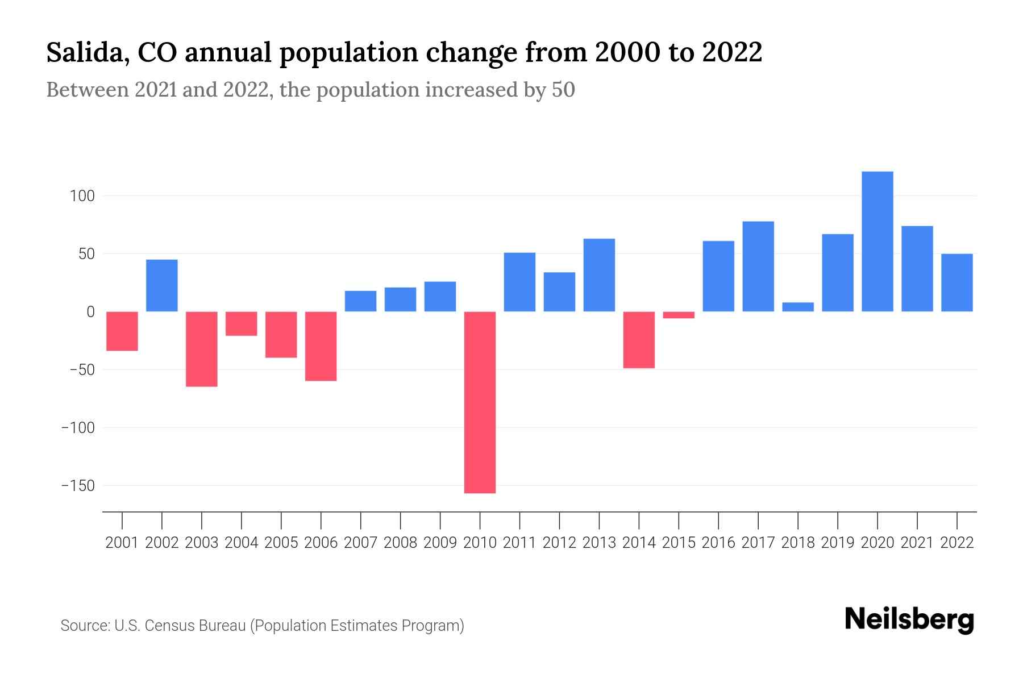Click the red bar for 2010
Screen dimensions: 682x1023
click(480, 402)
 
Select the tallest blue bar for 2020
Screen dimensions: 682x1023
click(877, 242)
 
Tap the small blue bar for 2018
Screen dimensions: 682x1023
click(798, 307)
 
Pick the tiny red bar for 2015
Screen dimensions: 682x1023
click(679, 315)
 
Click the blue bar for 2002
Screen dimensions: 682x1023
click(162, 285)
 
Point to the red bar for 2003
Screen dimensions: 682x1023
click(202, 349)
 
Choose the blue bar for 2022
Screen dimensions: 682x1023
click(957, 282)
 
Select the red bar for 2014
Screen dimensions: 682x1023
click(639, 340)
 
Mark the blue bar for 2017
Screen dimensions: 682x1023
click(758, 266)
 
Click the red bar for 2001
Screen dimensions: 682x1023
click(122, 331)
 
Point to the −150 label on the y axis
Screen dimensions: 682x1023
click(78, 486)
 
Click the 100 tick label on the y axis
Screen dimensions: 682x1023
click(82, 197)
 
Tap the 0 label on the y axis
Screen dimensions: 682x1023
click(90, 312)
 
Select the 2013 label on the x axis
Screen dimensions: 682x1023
click(599, 543)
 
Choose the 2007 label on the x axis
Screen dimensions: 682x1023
click(360, 543)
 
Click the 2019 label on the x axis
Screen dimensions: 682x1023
click(837, 543)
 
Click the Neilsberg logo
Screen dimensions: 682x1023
click(909, 620)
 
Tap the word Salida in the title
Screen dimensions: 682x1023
click(82, 52)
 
